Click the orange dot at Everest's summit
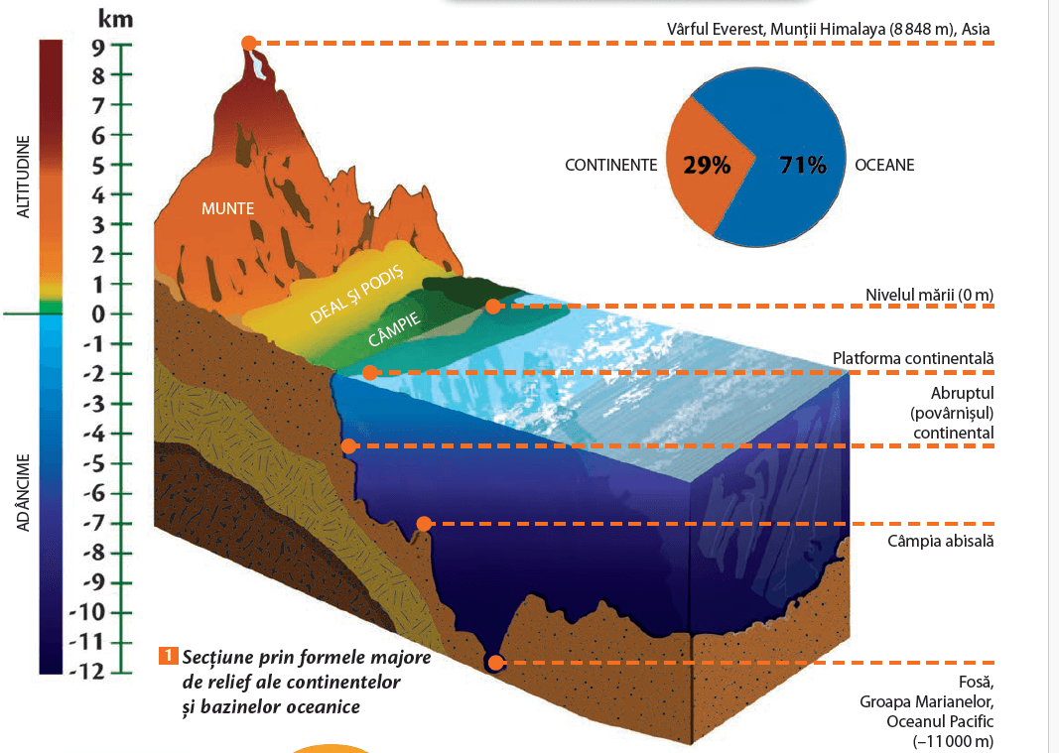[249, 44]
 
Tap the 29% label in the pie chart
[707, 165]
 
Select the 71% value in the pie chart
[803, 165]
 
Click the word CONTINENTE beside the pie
[610, 166]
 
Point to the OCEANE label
[884, 166]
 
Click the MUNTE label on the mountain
[227, 208]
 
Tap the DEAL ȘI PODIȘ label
[356, 294]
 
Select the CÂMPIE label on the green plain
[394, 328]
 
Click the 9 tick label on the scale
[98, 48]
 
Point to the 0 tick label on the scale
[98, 314]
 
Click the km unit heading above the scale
[115, 18]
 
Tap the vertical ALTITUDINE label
[24, 177]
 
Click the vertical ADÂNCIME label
[24, 492]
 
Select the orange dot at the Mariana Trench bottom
[495, 663]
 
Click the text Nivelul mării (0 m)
[929, 295]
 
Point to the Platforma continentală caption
[913, 358]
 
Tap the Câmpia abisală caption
[941, 541]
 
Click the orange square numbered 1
[168, 656]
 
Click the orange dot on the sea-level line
[493, 307]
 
